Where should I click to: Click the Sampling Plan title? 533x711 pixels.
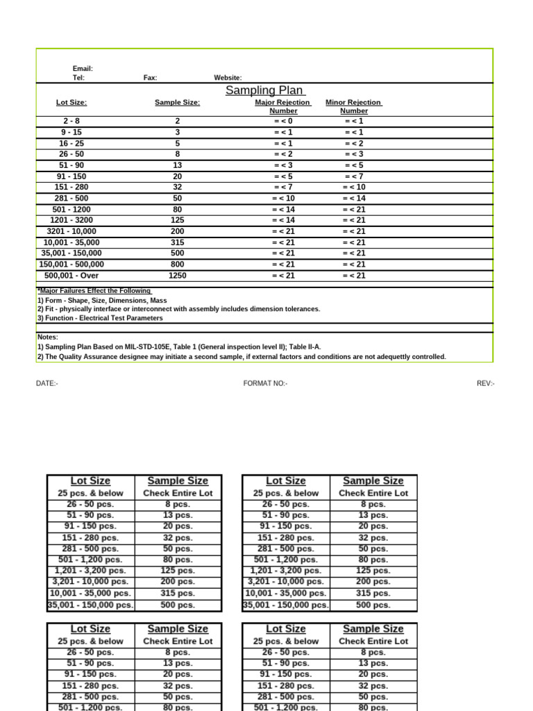click(265, 91)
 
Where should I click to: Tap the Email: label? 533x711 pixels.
click(83, 69)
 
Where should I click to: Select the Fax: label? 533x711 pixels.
click(150, 78)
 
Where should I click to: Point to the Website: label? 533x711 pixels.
click(228, 78)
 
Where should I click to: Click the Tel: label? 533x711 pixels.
click(78, 78)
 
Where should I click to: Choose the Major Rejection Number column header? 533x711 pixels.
click(283, 106)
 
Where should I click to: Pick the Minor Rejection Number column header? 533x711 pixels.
click(354, 106)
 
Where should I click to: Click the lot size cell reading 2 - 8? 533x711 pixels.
click(71, 121)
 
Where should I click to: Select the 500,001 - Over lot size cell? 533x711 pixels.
click(71, 276)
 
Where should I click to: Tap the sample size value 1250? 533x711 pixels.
click(177, 276)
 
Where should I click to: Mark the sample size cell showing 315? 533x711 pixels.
click(177, 242)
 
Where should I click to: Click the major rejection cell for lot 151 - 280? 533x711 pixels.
click(283, 187)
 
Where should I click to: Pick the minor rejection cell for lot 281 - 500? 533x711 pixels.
click(354, 199)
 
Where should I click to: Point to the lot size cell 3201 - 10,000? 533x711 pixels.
click(71, 231)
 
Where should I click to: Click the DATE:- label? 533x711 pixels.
click(47, 383)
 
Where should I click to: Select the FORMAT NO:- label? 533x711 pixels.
click(265, 383)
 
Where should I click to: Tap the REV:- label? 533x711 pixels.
click(485, 383)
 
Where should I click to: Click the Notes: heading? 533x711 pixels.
click(48, 337)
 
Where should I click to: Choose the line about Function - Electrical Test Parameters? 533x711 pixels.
click(100, 318)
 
